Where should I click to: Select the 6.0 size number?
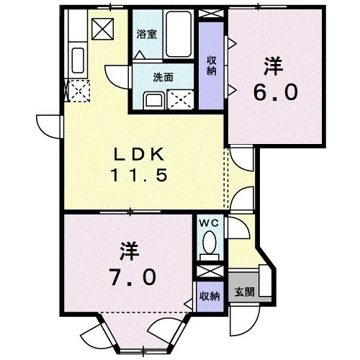(x=274, y=94)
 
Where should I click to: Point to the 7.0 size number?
(x=130, y=276)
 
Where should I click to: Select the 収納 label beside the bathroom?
(x=212, y=66)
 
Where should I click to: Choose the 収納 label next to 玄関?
(x=210, y=295)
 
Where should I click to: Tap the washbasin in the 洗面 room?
(x=153, y=99)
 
